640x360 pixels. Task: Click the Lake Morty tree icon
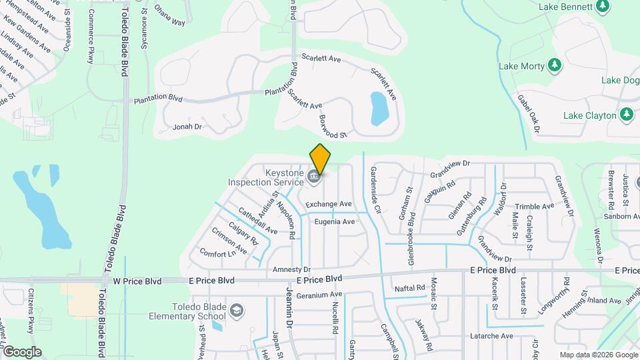[x=554, y=65]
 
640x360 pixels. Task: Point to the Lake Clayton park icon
[x=626, y=115]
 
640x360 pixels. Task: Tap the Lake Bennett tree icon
[x=603, y=6]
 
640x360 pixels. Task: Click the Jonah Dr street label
[x=187, y=126]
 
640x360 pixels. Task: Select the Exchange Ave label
[x=328, y=203]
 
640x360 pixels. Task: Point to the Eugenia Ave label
[x=335, y=222]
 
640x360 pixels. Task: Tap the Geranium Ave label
[x=319, y=295]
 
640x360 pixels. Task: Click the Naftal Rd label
[x=409, y=288]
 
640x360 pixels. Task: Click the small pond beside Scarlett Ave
[x=379, y=109]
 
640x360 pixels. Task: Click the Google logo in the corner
[x=22, y=352]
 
